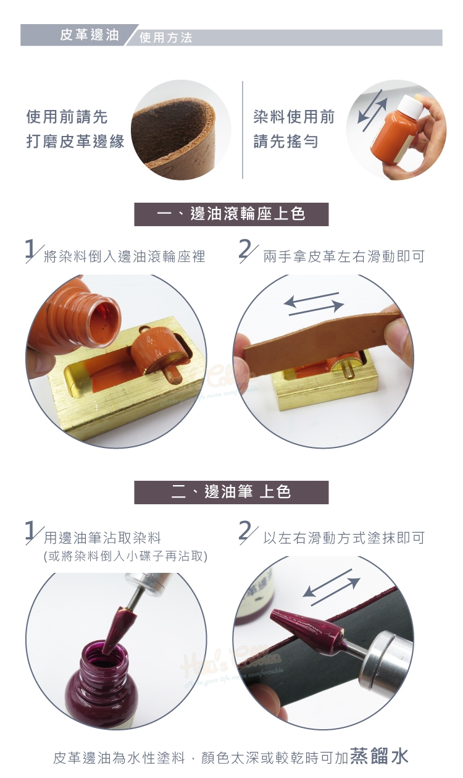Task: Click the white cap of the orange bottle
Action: pyautogui.click(x=412, y=108)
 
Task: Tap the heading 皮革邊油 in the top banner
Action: pyautogui.click(x=90, y=35)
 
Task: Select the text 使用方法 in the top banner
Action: pyautogui.click(x=166, y=38)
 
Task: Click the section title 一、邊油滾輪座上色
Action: pyautogui.click(x=231, y=214)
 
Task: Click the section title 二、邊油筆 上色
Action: pyautogui.click(x=231, y=492)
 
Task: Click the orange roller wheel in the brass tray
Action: pyautogui.click(x=150, y=351)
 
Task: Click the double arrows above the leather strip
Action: pyautogui.click(x=314, y=304)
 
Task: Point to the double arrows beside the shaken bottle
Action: pyautogui.click(x=372, y=111)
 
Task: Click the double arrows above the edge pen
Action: pyautogui.click(x=332, y=587)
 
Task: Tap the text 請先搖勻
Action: pyautogui.click(x=286, y=142)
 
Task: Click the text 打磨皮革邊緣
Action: pyautogui.click(x=75, y=142)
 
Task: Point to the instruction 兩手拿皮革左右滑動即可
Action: pyautogui.click(x=344, y=256)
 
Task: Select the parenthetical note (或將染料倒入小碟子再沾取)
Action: pyautogui.click(x=126, y=556)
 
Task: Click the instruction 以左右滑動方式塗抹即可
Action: pyautogui.click(x=344, y=538)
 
